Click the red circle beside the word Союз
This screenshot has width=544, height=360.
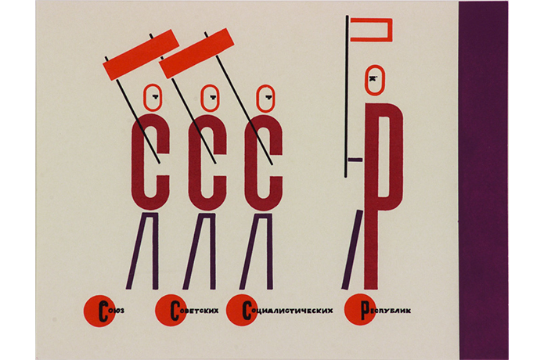[x=99, y=311]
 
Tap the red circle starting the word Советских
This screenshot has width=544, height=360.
[x=171, y=311]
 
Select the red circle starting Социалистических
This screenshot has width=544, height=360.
[x=242, y=310]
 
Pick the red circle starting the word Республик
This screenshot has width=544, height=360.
[x=360, y=309]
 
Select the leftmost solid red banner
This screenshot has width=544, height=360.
[x=141, y=55]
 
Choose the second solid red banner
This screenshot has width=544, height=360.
[x=196, y=53]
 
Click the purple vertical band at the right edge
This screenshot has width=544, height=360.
[x=484, y=180]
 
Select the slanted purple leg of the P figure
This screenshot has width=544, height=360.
[x=352, y=250]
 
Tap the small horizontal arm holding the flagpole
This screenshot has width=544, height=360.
[x=355, y=160]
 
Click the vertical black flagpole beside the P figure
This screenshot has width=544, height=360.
[x=347, y=96]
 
